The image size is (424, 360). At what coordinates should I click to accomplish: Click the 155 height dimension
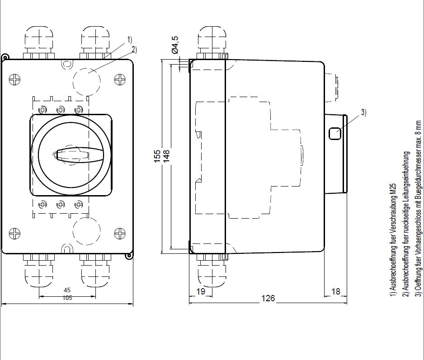coord(157,156)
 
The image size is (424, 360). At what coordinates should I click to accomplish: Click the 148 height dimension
coord(166,156)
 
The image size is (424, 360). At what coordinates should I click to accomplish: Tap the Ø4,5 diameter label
coord(175,45)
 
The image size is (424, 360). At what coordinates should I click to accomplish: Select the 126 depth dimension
coord(268,298)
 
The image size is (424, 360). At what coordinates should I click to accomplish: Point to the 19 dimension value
coord(201,291)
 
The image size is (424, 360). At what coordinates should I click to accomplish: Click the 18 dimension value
coord(335,291)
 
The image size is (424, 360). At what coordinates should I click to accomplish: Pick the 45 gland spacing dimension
coord(67,290)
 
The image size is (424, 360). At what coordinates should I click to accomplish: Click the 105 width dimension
coord(67,298)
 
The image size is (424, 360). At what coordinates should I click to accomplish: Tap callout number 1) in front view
coord(130,40)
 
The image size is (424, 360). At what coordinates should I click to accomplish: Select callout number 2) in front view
coord(134,49)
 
